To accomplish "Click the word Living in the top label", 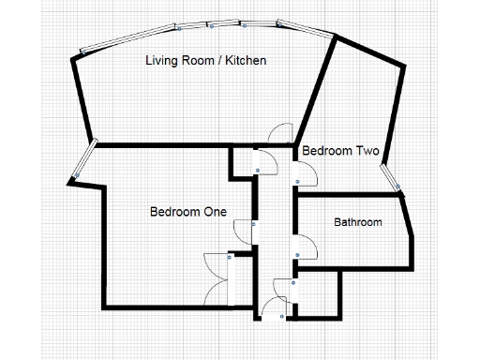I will click(x=160, y=61).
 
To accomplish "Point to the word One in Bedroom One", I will click(x=216, y=212).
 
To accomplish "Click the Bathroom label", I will click(x=358, y=222).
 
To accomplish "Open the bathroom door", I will click(x=306, y=247).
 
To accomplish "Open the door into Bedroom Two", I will click(x=306, y=172).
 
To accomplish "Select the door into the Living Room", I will click(x=279, y=136).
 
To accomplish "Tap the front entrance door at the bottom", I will click(x=274, y=307).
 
